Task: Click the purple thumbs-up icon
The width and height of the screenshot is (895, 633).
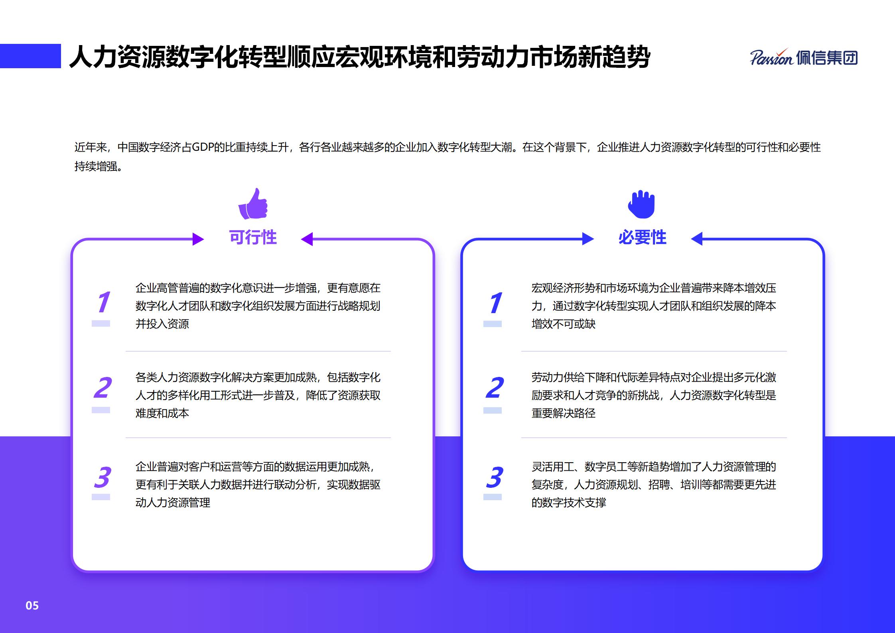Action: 253,204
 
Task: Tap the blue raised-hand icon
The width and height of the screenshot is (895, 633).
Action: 641,204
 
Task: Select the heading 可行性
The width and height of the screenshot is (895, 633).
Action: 253,238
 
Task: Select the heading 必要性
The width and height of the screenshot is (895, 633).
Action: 642,238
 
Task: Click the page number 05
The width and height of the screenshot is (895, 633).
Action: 32,605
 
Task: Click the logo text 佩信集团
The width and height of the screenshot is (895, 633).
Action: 826,58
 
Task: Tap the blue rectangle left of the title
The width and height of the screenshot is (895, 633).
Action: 30,56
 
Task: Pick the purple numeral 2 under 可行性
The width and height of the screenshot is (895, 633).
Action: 103,388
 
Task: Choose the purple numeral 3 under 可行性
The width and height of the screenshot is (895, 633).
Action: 103,477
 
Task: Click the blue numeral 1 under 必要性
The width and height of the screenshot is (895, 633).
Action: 495,303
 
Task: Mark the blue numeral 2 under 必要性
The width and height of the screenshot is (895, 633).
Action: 495,388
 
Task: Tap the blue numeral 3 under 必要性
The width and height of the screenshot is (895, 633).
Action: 495,477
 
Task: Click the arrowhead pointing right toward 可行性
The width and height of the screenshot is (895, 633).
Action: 198,239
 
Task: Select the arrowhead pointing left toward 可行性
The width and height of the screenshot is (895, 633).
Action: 307,239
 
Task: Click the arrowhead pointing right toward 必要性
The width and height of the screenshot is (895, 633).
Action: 588,239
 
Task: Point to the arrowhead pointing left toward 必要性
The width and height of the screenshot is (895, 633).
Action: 697,239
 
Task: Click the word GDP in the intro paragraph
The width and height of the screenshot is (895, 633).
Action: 203,147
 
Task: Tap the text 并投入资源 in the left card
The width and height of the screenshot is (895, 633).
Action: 162,324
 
